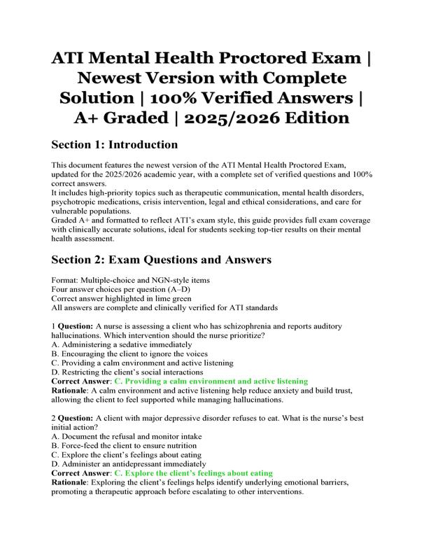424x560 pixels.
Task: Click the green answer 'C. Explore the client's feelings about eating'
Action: click(x=193, y=472)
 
